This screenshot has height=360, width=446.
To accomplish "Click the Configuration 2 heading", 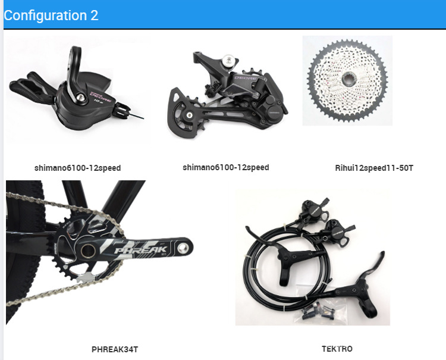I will [x=51, y=15].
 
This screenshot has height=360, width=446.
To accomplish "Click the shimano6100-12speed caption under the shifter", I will [x=77, y=168].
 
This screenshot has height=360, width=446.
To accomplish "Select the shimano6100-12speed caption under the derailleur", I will [x=226, y=167].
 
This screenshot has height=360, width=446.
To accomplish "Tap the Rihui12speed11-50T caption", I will [x=374, y=168].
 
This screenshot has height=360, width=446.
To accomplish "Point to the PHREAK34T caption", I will [x=115, y=349].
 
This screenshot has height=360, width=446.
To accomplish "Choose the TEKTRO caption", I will [x=337, y=349].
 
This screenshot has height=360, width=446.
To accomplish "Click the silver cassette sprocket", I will [x=347, y=80].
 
